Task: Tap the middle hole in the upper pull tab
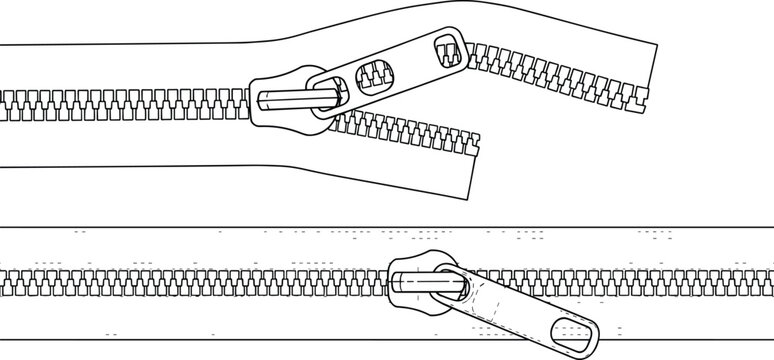click(373, 73)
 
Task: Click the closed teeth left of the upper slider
click(120, 100)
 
